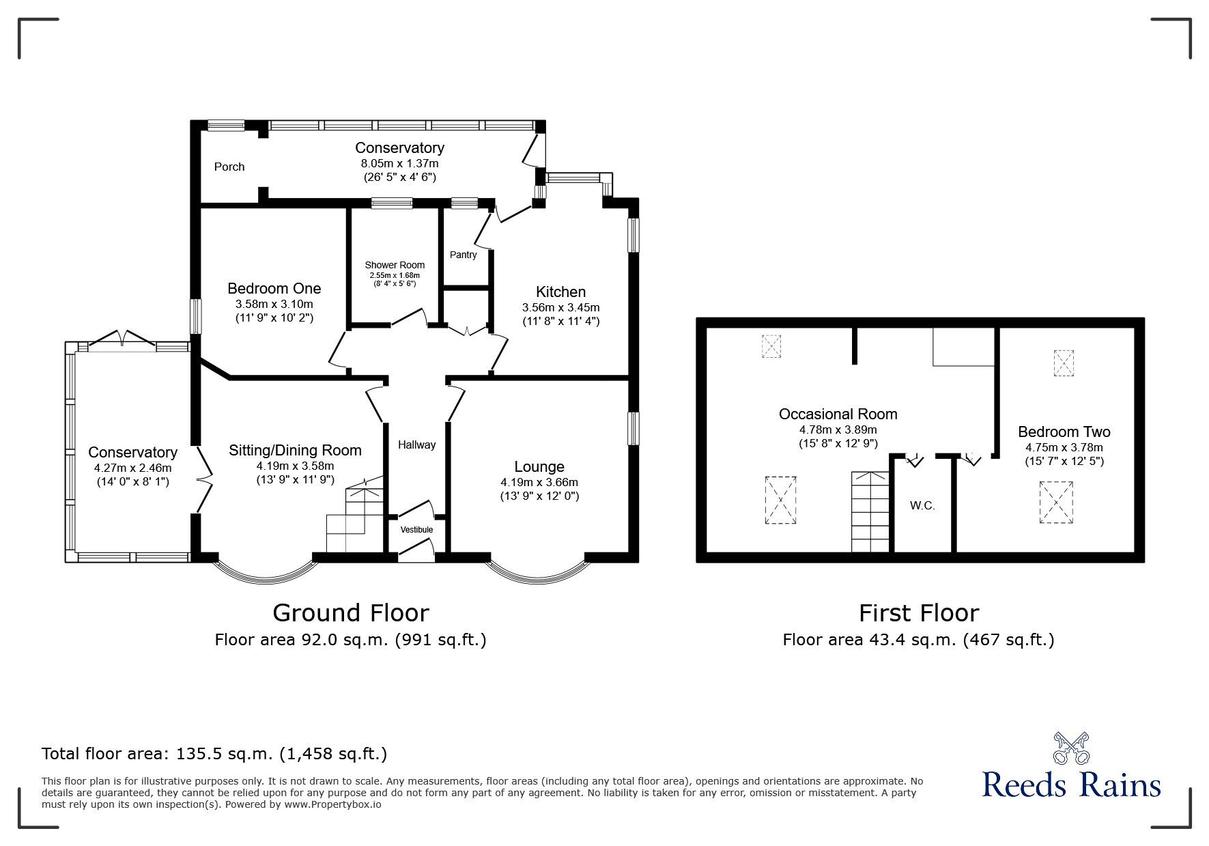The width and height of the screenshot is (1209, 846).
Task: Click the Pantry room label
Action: (463, 255)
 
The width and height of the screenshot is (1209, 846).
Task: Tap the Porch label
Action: (229, 167)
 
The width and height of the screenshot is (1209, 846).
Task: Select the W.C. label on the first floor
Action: (922, 506)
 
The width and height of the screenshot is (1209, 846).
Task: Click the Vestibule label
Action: (416, 529)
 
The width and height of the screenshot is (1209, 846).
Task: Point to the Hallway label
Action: (416, 445)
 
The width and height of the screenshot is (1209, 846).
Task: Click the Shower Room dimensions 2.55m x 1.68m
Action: (395, 274)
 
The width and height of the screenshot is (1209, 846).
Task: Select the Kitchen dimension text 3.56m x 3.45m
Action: (560, 307)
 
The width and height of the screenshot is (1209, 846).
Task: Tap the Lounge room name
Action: (539, 466)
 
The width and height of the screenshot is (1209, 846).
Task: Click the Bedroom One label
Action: (274, 288)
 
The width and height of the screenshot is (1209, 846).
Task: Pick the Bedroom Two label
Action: (1064, 432)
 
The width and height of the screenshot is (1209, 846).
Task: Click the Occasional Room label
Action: (838, 414)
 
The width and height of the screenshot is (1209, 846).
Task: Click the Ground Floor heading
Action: (350, 612)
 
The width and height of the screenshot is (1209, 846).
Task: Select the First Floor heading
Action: (918, 612)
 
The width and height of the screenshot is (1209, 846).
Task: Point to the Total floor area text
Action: (214, 754)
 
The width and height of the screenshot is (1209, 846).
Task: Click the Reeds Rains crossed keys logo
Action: (1071, 748)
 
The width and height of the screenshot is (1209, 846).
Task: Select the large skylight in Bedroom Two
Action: (1056, 503)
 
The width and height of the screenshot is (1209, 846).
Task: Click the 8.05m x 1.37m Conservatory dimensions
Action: (399, 163)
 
